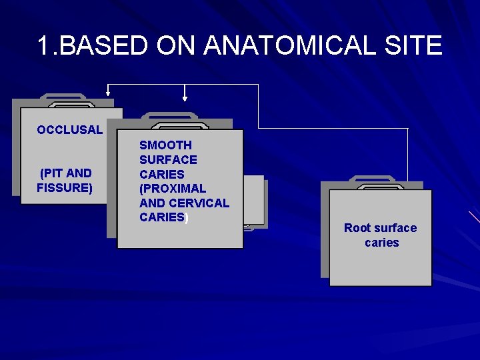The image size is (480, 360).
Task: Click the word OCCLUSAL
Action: [70, 130]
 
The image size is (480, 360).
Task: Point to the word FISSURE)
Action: [65, 188]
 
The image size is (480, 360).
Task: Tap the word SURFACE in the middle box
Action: [168, 160]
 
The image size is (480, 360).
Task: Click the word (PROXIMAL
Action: [173, 189]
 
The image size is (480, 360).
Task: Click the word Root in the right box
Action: [357, 228]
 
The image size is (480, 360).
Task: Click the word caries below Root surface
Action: [382, 243]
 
